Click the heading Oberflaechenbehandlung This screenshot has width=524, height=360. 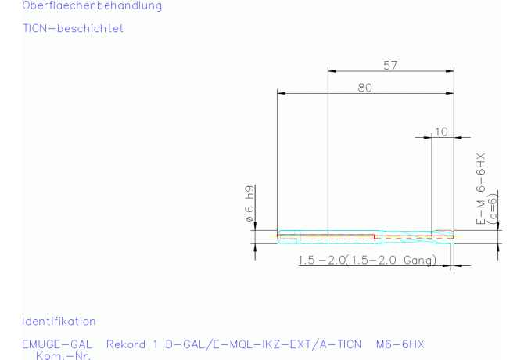(92, 5)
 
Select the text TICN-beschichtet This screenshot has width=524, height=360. (74, 28)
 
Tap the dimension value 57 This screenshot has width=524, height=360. (390, 65)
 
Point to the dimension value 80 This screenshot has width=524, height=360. (365, 88)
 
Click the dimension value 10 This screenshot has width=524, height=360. (441, 131)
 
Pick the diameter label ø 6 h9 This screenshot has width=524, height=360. (249, 204)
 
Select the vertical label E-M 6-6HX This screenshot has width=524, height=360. (480, 189)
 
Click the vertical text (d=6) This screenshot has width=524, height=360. (493, 209)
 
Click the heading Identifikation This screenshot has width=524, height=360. (59, 321)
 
